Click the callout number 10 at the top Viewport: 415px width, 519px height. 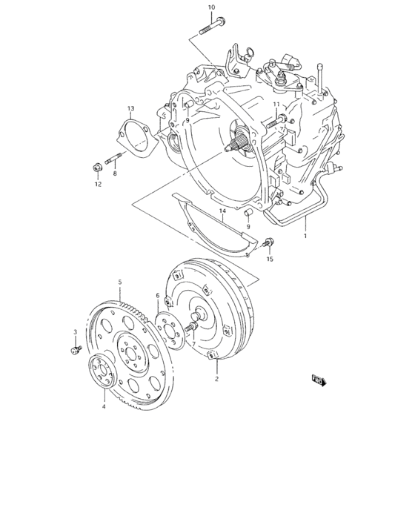[212, 7]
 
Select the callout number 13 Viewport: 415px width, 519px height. [130, 109]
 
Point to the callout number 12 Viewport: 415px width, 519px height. [98, 185]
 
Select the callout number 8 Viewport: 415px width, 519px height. [115, 173]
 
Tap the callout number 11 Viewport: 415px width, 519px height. [276, 104]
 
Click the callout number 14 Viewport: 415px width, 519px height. [222, 212]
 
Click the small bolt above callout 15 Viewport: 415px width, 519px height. [268, 242]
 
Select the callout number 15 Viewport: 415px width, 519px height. [270, 259]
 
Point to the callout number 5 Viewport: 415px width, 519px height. [120, 282]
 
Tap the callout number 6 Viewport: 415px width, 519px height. [157, 295]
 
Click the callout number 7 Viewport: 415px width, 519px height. [193, 344]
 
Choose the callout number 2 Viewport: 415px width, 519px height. [216, 378]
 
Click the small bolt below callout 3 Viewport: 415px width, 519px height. [76, 348]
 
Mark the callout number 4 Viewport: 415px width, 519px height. [104, 406]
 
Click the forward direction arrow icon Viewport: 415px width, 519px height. [319, 381]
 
